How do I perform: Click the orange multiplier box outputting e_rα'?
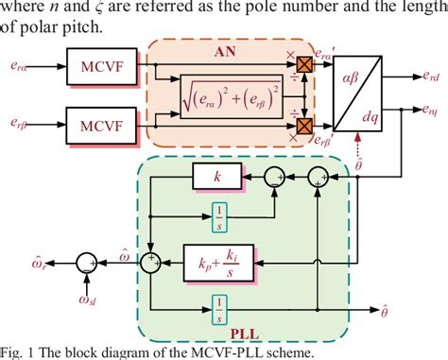[304, 65]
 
